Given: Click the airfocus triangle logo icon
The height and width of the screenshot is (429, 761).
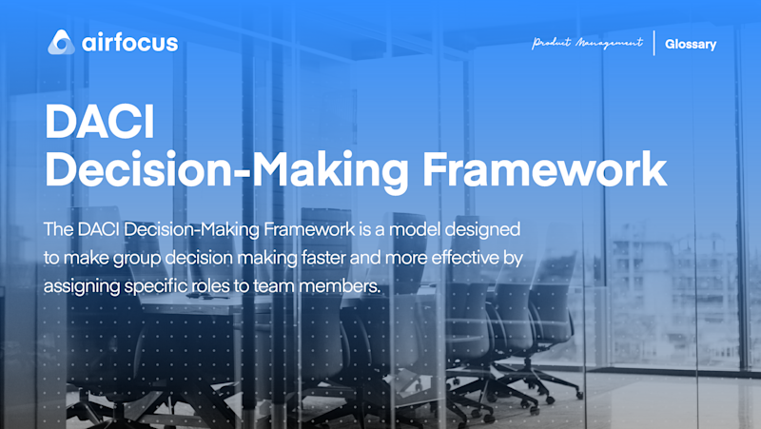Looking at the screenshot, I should pos(61,43).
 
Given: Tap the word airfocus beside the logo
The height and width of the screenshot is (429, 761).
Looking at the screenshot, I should pos(128,43).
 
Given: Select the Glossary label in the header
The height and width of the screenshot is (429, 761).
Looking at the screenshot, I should pos(691,44).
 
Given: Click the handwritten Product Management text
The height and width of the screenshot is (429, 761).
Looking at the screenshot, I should pos(588,43).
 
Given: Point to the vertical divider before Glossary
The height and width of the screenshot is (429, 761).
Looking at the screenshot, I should pos(654,44).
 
